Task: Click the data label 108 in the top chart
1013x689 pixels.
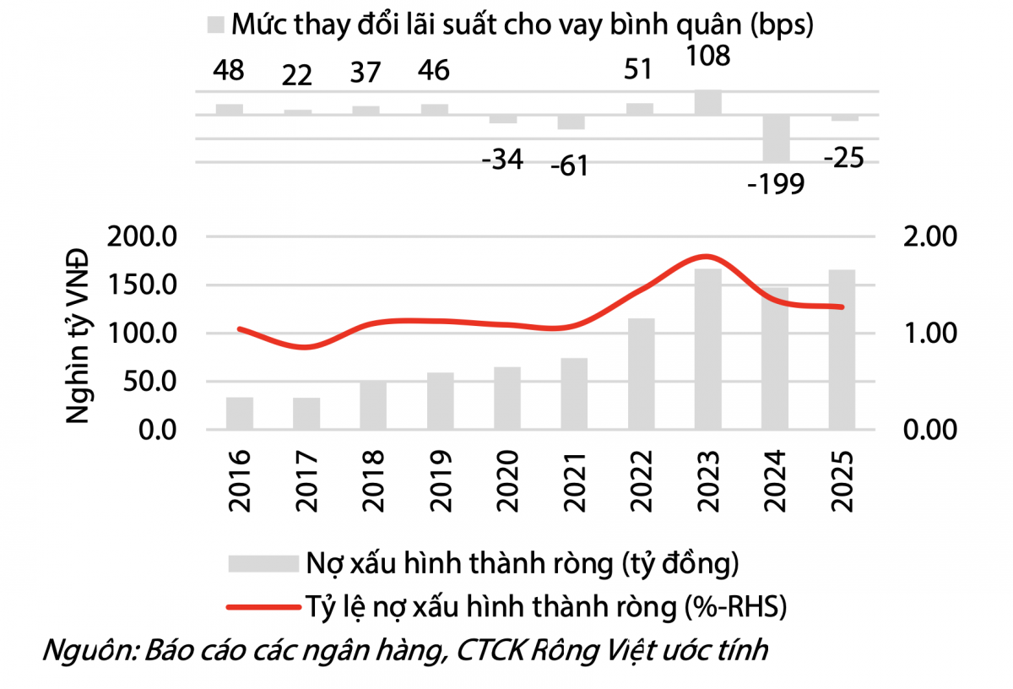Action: [707, 57]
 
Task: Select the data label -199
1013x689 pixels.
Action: [776, 182]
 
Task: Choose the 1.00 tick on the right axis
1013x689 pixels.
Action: [929, 334]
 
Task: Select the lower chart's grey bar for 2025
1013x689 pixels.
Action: [842, 350]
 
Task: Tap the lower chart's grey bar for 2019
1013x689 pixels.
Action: [440, 401]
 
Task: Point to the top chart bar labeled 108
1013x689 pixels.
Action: [708, 102]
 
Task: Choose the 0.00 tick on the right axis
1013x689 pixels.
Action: [929, 430]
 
